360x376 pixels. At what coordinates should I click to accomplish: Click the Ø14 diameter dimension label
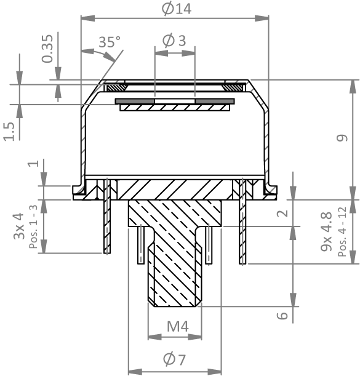[x=177, y=9]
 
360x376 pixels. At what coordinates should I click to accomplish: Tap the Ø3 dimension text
[x=174, y=40]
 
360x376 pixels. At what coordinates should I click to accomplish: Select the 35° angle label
[x=110, y=42]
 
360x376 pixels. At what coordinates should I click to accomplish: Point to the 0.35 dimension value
[x=47, y=49]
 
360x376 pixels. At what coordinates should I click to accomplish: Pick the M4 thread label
[x=178, y=326]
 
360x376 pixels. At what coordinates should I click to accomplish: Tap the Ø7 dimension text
[x=175, y=359]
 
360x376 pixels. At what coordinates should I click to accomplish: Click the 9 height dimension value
[x=342, y=138]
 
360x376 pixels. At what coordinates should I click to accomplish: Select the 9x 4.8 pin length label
[x=327, y=231]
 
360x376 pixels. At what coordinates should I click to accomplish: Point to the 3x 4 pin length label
[x=19, y=226]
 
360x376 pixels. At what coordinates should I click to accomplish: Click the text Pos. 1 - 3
[x=34, y=226]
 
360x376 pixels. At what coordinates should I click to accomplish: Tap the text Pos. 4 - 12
[x=342, y=231]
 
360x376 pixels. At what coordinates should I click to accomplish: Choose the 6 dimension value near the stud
[x=282, y=315]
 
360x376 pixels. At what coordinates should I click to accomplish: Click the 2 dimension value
[x=282, y=213]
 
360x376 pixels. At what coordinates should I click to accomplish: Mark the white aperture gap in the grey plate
[x=175, y=101]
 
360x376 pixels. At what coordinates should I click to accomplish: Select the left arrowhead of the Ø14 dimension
[x=88, y=18]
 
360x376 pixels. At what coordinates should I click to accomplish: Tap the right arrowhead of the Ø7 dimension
[x=215, y=372]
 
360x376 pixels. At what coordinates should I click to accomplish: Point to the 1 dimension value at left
[x=33, y=164]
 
